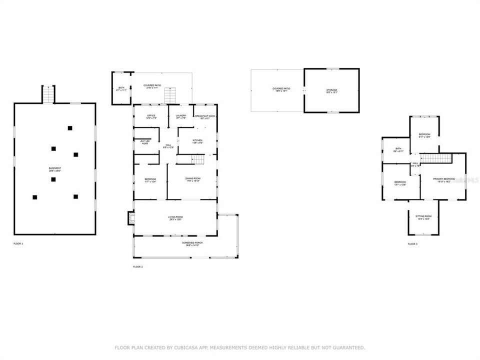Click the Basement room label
pos(55,169)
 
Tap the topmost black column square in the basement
pos(70,128)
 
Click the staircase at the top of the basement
pos(48,94)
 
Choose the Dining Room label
pos(192,179)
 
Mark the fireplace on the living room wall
pos(131,218)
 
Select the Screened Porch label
pos(192,243)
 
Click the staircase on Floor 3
pos(435,158)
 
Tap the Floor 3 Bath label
pos(398,149)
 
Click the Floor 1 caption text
pos(18,243)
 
